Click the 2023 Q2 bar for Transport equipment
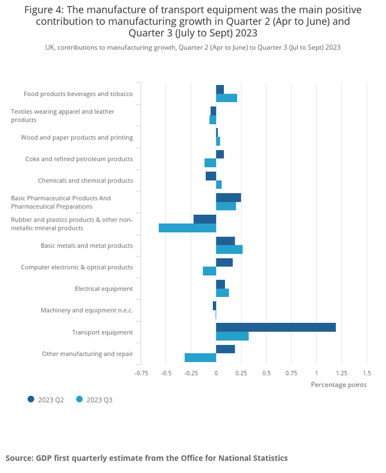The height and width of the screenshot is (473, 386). (276, 327)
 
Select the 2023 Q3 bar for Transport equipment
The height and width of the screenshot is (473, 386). (232, 336)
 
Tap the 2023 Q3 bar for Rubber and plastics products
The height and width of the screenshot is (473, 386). (187, 228)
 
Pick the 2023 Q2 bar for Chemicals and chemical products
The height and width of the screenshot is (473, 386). (210, 176)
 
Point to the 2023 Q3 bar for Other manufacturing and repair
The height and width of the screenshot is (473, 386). (200, 358)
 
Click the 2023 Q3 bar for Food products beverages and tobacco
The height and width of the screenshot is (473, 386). (226, 98)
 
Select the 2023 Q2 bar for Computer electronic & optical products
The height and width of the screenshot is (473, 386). (224, 262)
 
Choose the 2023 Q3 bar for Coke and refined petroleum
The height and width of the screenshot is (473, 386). (210, 163)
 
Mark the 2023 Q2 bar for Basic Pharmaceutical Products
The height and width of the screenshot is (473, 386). (229, 197)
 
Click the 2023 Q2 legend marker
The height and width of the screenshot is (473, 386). (31, 399)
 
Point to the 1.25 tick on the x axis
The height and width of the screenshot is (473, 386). (341, 373)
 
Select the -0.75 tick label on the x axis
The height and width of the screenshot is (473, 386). (141, 373)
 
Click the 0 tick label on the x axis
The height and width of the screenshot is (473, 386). (216, 373)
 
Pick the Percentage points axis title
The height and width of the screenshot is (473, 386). (338, 384)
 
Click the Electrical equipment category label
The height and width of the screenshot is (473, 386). (104, 289)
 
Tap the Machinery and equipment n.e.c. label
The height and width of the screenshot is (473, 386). (87, 311)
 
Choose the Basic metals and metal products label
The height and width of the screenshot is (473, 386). (87, 246)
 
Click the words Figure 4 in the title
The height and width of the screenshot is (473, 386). (45, 10)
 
